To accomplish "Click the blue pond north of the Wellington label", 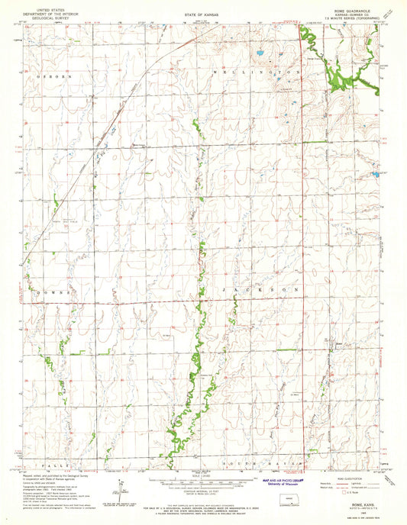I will pyautogui.click(x=261, y=54).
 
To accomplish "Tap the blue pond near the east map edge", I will pyautogui.click(x=375, y=175).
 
